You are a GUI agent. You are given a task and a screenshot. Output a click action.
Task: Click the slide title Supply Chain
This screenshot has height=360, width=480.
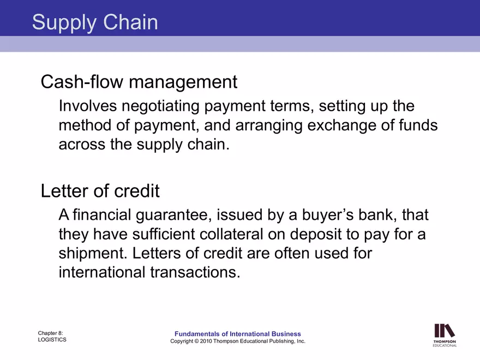tap(95, 22)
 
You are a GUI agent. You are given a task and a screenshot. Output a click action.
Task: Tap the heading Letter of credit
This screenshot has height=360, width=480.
tap(100, 191)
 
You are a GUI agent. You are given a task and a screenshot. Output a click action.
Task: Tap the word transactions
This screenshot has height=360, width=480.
tap(195, 273)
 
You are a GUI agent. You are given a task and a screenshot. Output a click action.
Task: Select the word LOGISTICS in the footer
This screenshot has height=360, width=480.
tap(52, 340)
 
